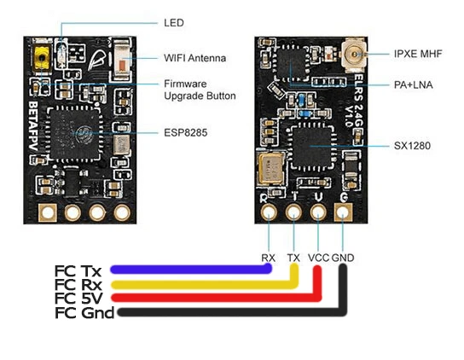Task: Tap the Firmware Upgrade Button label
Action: point(199,90)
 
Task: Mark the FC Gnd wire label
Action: point(81,312)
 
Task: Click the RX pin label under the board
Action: point(269,256)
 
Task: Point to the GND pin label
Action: point(345,256)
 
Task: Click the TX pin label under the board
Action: point(293,256)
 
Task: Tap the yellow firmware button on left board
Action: point(39,58)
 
